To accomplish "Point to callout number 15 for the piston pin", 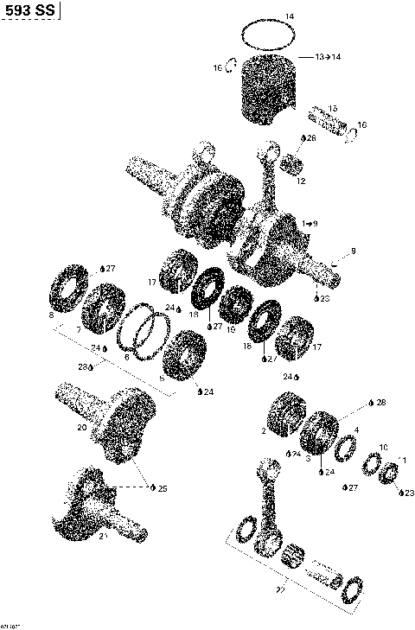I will click(334, 108).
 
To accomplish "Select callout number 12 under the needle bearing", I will click(301, 181).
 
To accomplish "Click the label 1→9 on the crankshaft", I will click(310, 223).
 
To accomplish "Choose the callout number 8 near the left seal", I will click(52, 316).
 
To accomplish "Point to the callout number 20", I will click(81, 426).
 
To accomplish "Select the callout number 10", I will click(384, 448).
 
